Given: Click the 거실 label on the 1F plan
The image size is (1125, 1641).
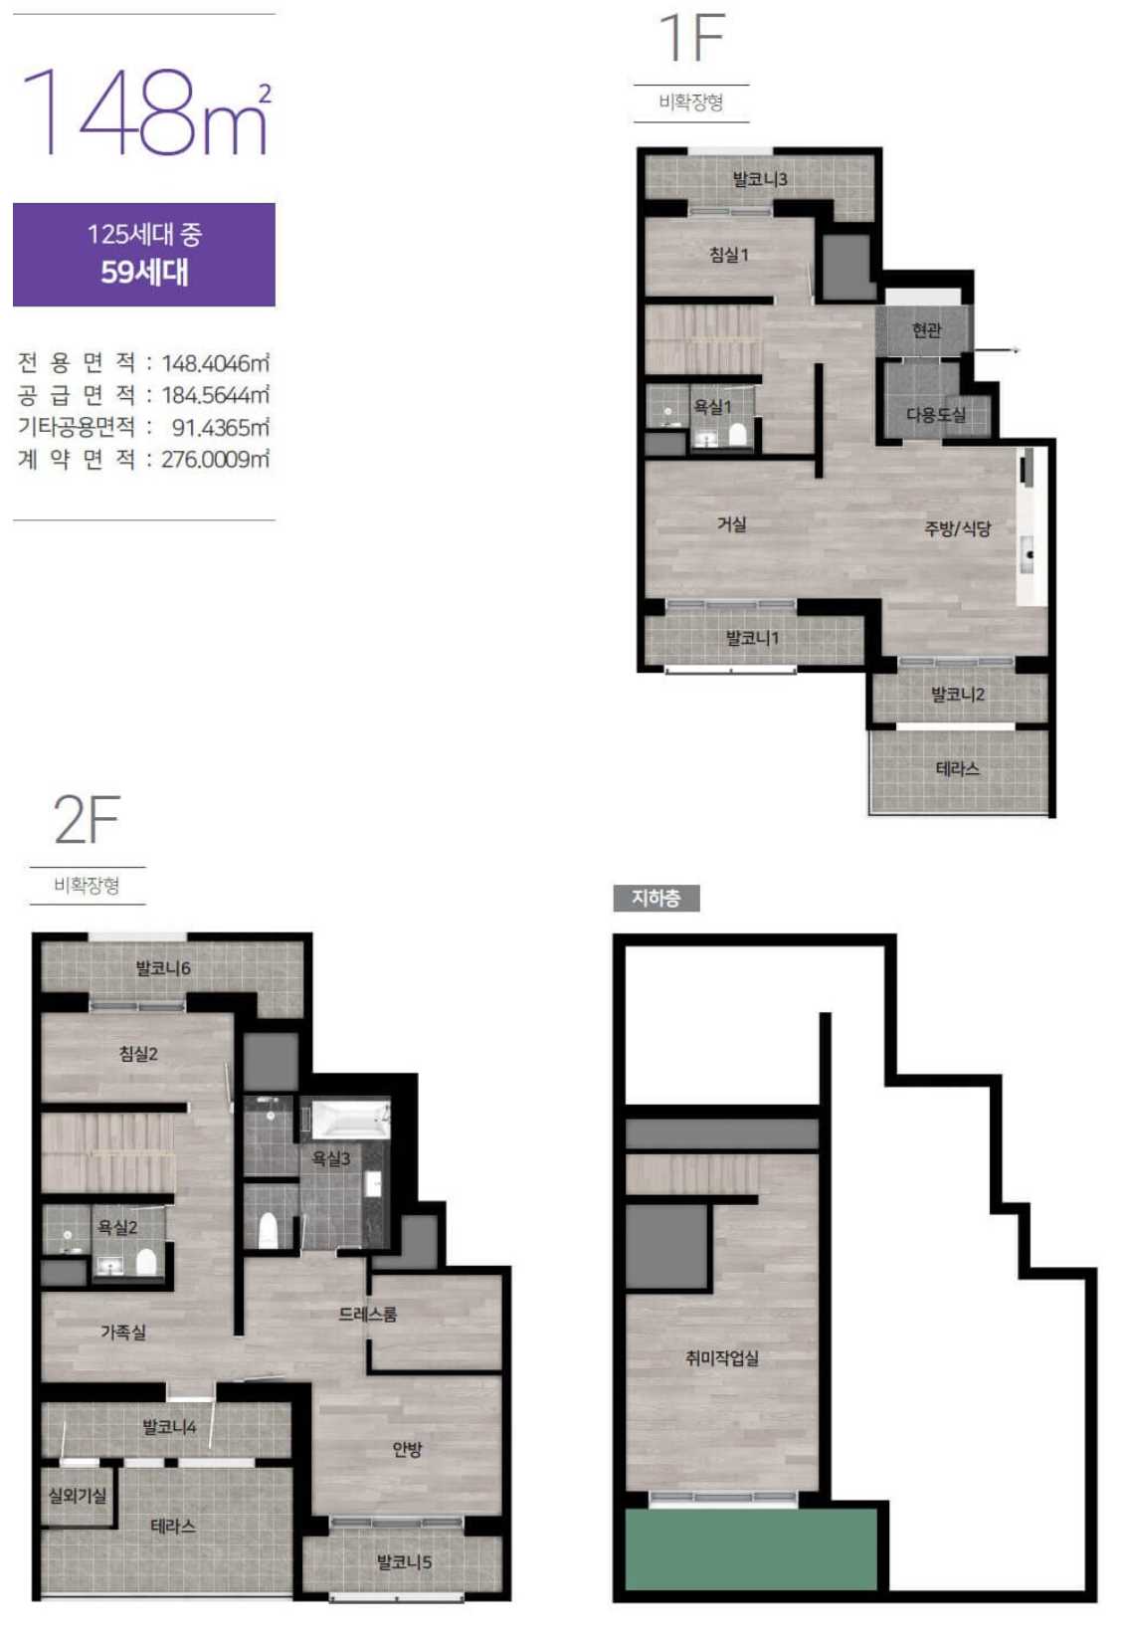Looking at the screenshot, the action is (731, 523).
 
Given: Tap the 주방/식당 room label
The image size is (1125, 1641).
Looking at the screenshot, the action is (957, 528).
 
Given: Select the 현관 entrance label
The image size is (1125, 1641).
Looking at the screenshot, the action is (926, 330).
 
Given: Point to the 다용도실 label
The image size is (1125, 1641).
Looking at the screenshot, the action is (936, 415).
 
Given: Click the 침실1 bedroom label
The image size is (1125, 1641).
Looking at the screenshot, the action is (729, 255).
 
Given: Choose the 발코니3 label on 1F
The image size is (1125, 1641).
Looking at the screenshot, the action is (760, 179).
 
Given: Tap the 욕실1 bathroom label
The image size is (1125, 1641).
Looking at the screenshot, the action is (712, 407).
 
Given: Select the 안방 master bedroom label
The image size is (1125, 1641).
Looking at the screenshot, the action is (407, 1448).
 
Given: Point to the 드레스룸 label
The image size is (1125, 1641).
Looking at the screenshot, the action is (368, 1314).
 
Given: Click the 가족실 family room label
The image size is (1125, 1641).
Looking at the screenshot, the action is (123, 1332).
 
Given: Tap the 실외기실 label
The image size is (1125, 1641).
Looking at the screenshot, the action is (78, 1496).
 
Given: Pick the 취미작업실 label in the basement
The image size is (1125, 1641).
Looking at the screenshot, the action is (722, 1357).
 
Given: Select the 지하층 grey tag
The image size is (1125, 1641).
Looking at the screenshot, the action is (656, 899).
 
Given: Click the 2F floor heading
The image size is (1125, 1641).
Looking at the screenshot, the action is (87, 820).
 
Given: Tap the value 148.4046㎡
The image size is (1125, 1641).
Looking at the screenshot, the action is (215, 363).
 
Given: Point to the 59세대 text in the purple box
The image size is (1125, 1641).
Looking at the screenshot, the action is (144, 272).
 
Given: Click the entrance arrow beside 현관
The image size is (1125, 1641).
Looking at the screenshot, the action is (991, 350).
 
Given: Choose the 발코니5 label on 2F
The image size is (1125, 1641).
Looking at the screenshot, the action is (404, 1562).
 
